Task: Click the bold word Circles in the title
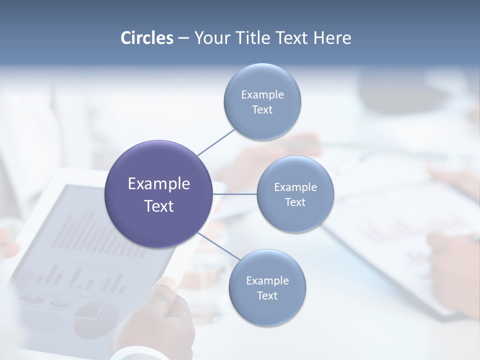147,38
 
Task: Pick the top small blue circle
262,80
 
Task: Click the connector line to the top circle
216,142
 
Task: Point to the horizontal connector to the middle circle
235,194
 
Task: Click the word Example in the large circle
159,184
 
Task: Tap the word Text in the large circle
159,206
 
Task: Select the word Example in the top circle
262,94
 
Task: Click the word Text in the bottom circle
267,295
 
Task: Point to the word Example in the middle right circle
295,187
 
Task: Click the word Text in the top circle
262,109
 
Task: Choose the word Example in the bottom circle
267,280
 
